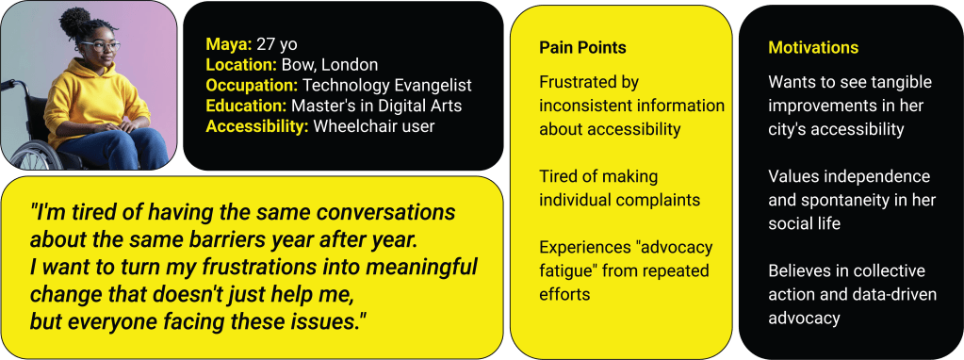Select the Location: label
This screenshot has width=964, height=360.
tap(241, 65)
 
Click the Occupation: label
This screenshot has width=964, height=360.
tap(253, 86)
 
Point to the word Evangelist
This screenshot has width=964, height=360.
tap(439, 86)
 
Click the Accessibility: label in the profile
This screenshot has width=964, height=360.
tap(257, 127)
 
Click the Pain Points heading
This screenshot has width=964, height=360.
tap(582, 48)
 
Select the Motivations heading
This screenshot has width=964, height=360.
tap(813, 48)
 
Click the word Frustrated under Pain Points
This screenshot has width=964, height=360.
tap(580, 82)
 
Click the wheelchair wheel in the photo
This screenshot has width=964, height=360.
tap(29, 154)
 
